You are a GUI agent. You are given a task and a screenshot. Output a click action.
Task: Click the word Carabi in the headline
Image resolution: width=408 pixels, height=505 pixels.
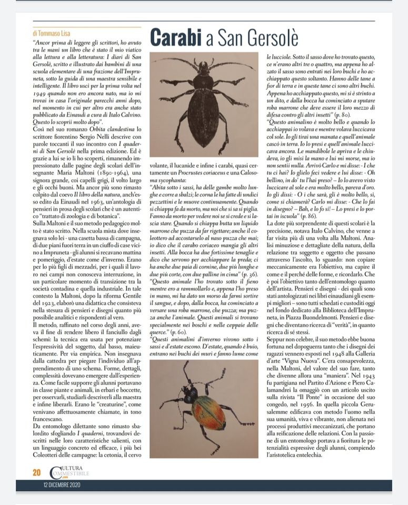tap(177, 37)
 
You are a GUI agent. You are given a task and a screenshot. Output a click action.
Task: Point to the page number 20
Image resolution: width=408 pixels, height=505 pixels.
tap(36, 472)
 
